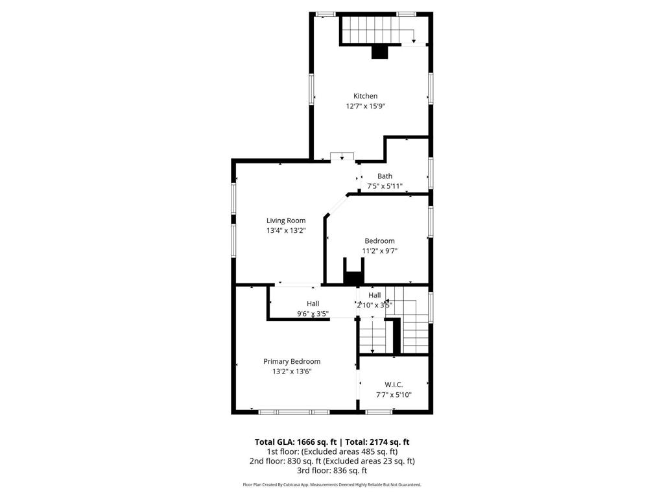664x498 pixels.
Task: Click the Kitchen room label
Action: pos(365,96)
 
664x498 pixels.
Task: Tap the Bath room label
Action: pos(385,176)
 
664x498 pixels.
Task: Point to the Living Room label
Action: pos(286,220)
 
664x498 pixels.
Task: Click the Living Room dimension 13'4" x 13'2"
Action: pos(286,230)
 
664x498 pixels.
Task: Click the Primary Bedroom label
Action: pos(292,361)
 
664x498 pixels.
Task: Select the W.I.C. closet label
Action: pos(394,385)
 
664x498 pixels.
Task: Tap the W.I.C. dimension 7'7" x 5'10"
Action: pos(394,394)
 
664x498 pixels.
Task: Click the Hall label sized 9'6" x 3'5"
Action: pos(313,303)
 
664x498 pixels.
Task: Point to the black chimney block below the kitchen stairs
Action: pos(379,53)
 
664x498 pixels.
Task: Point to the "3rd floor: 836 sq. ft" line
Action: pos(331,471)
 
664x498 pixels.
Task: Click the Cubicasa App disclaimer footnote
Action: pos(331,484)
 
